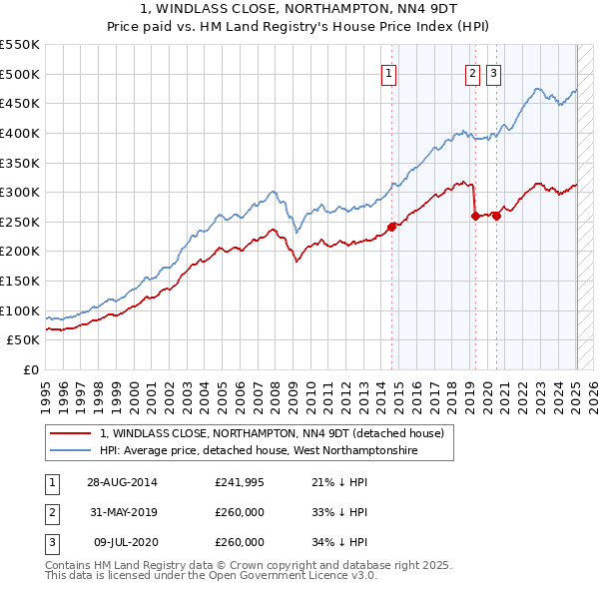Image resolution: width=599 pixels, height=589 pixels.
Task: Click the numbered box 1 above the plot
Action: click(387, 72)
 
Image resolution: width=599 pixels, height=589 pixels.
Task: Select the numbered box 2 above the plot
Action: click(472, 72)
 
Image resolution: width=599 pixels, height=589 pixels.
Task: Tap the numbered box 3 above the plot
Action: click(493, 72)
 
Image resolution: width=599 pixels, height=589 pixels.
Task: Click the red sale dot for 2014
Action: click(391, 227)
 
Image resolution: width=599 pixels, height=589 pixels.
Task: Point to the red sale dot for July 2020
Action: click(496, 216)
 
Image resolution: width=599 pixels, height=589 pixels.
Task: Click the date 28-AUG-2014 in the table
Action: click(122, 482)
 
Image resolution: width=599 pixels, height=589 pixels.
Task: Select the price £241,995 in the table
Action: click(240, 482)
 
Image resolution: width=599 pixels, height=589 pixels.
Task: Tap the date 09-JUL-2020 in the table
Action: click(124, 542)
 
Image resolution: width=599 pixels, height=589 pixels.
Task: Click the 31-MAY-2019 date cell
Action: click(122, 512)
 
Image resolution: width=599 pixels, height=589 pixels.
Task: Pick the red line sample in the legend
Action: click(70, 433)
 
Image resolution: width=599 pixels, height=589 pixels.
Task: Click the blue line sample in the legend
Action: click(70, 450)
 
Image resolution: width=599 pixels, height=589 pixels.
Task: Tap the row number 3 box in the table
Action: click(51, 542)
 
